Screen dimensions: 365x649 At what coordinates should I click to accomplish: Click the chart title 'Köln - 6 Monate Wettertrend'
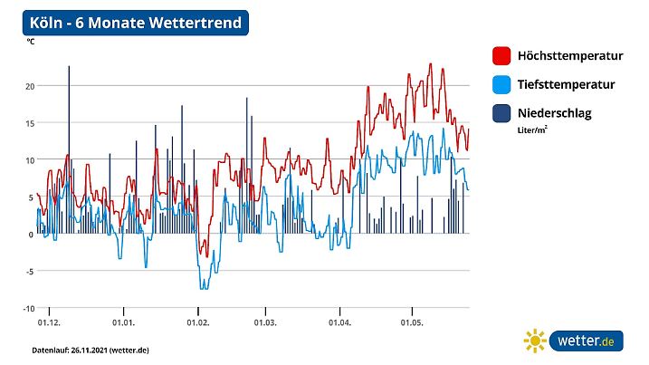click(135, 23)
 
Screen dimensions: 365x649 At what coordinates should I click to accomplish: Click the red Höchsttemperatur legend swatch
click(501, 56)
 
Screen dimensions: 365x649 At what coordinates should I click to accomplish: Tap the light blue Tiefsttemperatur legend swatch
click(501, 85)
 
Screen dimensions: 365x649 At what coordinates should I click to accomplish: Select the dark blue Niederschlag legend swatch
click(501, 113)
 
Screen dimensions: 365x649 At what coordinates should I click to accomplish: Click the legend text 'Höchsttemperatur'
click(570, 56)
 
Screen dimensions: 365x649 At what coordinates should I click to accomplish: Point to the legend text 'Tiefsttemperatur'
click(566, 85)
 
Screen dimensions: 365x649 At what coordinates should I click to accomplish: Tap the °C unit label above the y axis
click(31, 42)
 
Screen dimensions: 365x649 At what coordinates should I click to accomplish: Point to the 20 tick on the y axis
click(29, 86)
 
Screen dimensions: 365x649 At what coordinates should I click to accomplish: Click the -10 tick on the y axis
click(27, 309)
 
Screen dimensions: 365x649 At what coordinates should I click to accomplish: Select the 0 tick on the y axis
click(31, 235)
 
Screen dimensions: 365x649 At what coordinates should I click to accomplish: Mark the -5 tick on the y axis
click(29, 272)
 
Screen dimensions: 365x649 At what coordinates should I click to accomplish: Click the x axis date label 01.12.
click(49, 322)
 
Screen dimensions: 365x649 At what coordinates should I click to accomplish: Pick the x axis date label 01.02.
click(198, 322)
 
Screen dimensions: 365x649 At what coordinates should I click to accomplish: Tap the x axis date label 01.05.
click(412, 322)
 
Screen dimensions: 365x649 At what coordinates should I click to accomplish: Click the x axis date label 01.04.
click(340, 322)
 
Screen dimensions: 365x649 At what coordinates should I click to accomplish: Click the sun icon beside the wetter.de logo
click(535, 341)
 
